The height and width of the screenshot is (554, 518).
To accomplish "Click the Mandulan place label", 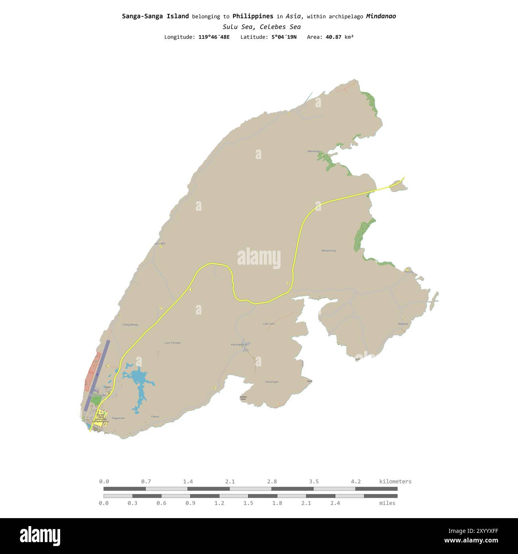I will (314, 151).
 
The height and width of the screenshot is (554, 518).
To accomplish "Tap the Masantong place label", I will (328, 251).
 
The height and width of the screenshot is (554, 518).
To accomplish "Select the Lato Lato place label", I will (269, 324).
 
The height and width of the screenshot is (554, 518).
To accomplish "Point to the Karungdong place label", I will (239, 344).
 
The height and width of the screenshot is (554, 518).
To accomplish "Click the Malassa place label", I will (403, 324).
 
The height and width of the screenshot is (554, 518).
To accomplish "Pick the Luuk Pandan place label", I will (173, 343).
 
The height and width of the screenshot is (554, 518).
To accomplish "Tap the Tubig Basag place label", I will (130, 324).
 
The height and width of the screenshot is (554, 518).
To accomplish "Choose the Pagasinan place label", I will (118, 418).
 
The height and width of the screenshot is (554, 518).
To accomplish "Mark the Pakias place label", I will (155, 416).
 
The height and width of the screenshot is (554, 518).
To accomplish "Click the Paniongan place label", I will (272, 382).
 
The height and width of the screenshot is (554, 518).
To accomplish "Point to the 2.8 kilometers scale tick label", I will (272, 481).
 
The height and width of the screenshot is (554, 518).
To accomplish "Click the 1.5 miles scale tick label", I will (248, 503).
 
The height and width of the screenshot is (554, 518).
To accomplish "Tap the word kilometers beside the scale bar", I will (395, 481).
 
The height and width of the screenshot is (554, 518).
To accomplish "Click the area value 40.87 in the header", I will (334, 37).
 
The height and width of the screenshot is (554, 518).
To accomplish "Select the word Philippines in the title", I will (253, 16).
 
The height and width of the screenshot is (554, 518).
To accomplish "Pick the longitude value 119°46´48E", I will (214, 37).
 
